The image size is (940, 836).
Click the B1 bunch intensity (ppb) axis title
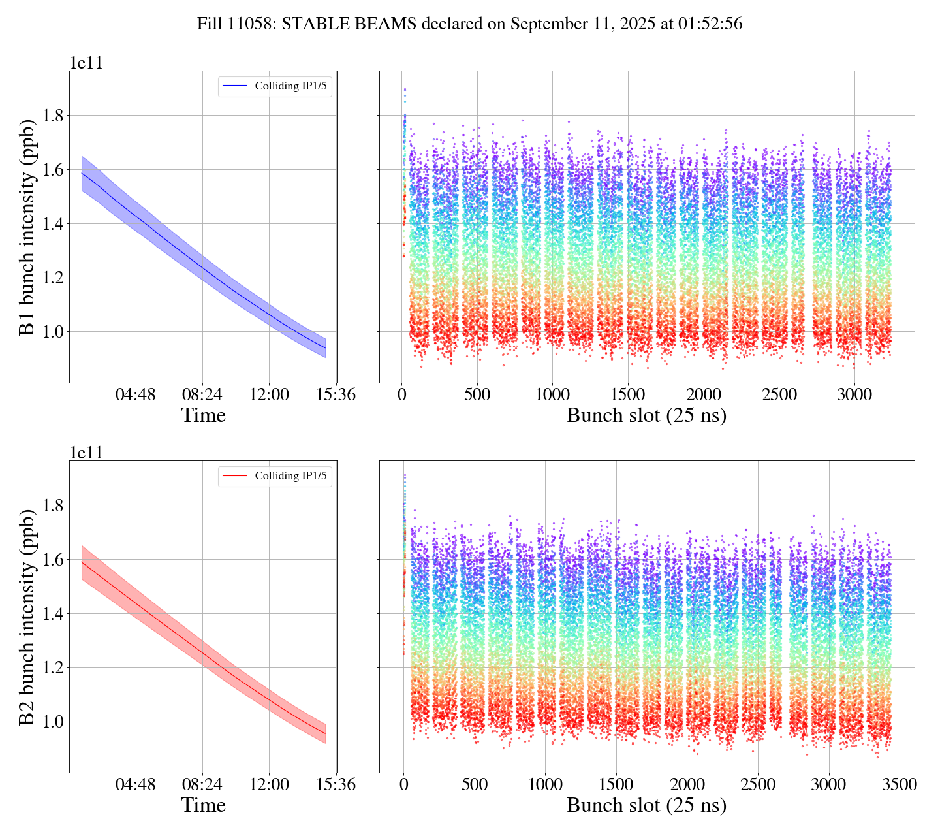coord(27,227)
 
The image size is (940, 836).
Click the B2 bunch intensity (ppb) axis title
coord(27,617)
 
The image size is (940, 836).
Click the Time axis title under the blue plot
coord(203,415)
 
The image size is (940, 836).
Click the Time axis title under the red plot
coord(203,805)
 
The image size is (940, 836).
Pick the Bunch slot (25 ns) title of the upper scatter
coord(646,415)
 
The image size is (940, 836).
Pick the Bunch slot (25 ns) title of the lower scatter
coord(646,805)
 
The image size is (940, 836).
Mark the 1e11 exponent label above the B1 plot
coord(86,63)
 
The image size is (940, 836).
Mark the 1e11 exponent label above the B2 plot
coord(86,453)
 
